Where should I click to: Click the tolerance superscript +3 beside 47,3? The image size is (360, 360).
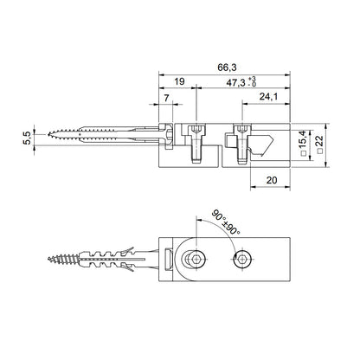pyautogui.click(x=252, y=78)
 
